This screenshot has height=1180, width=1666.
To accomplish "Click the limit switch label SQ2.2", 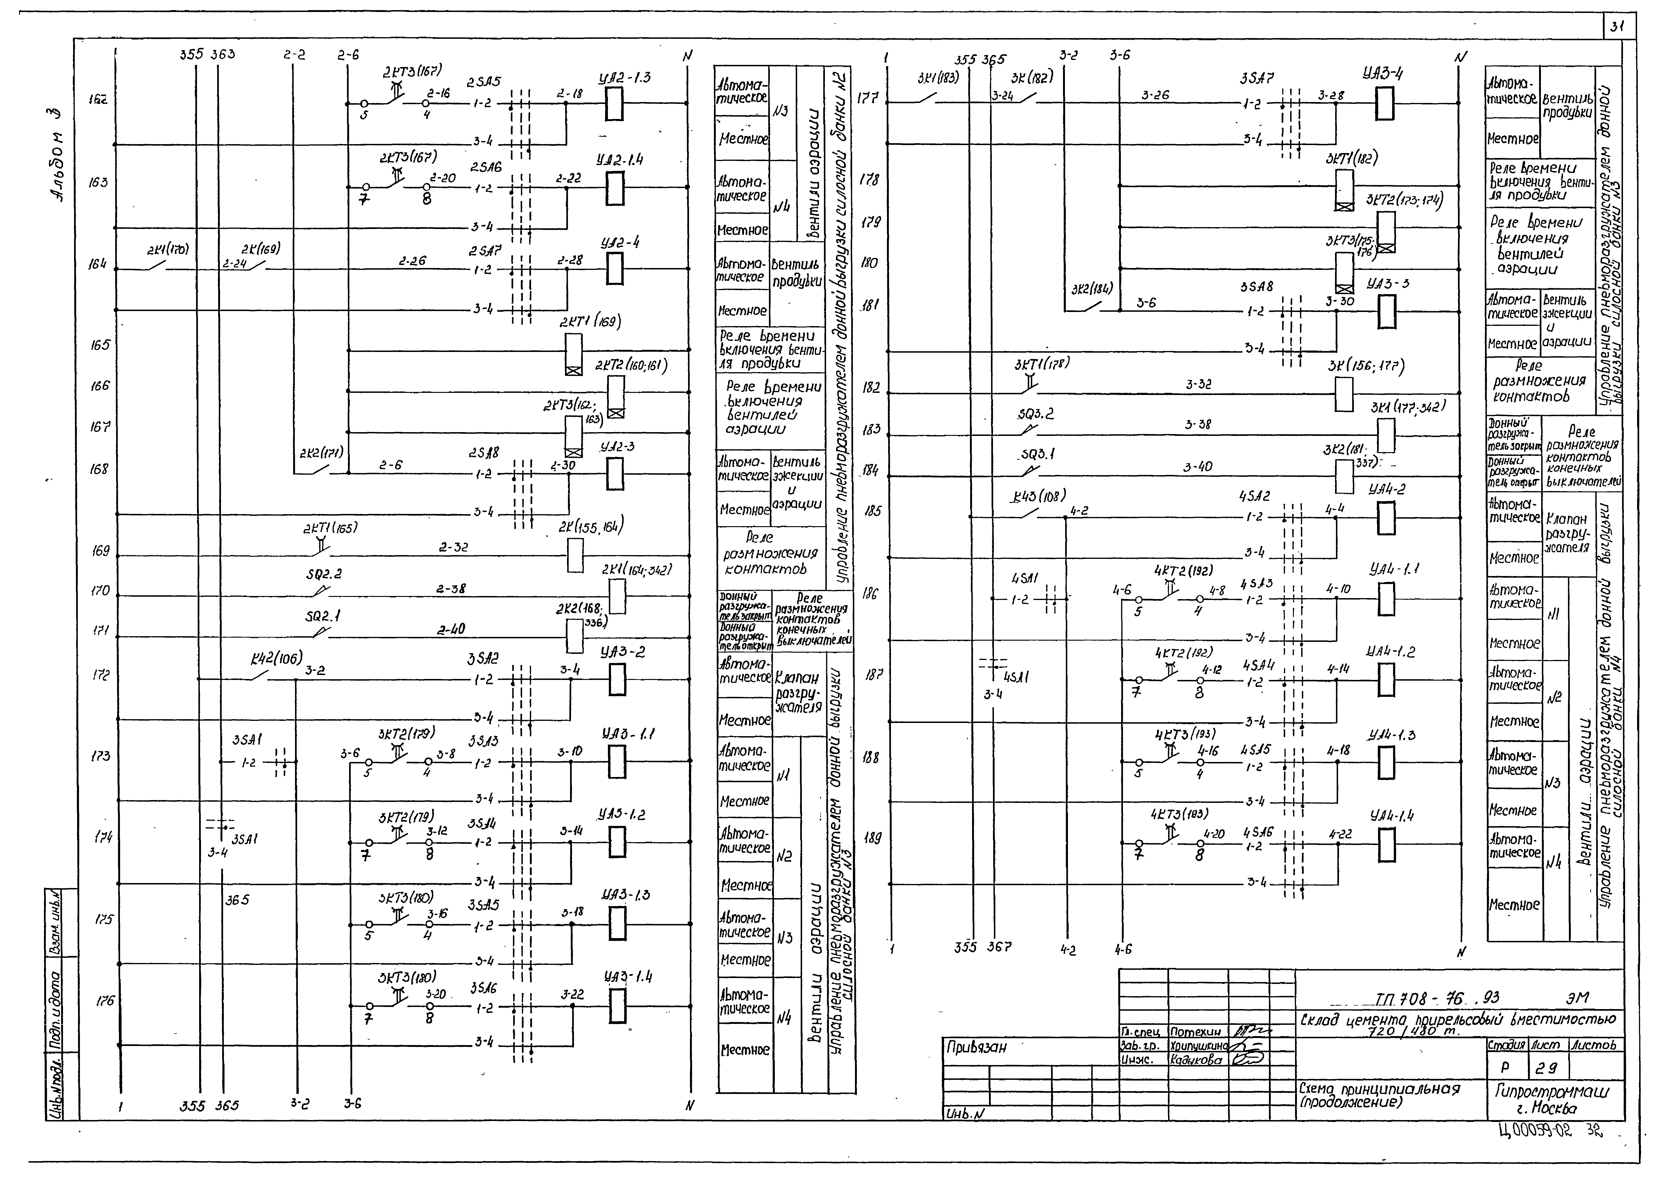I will (x=324, y=574).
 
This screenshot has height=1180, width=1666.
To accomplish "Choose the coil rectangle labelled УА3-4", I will (x=1384, y=103).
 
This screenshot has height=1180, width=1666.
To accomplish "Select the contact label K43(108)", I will (x=1039, y=496).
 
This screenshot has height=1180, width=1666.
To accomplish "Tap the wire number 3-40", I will (x=1197, y=467).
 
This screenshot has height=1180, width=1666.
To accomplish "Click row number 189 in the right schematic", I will (x=873, y=838).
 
